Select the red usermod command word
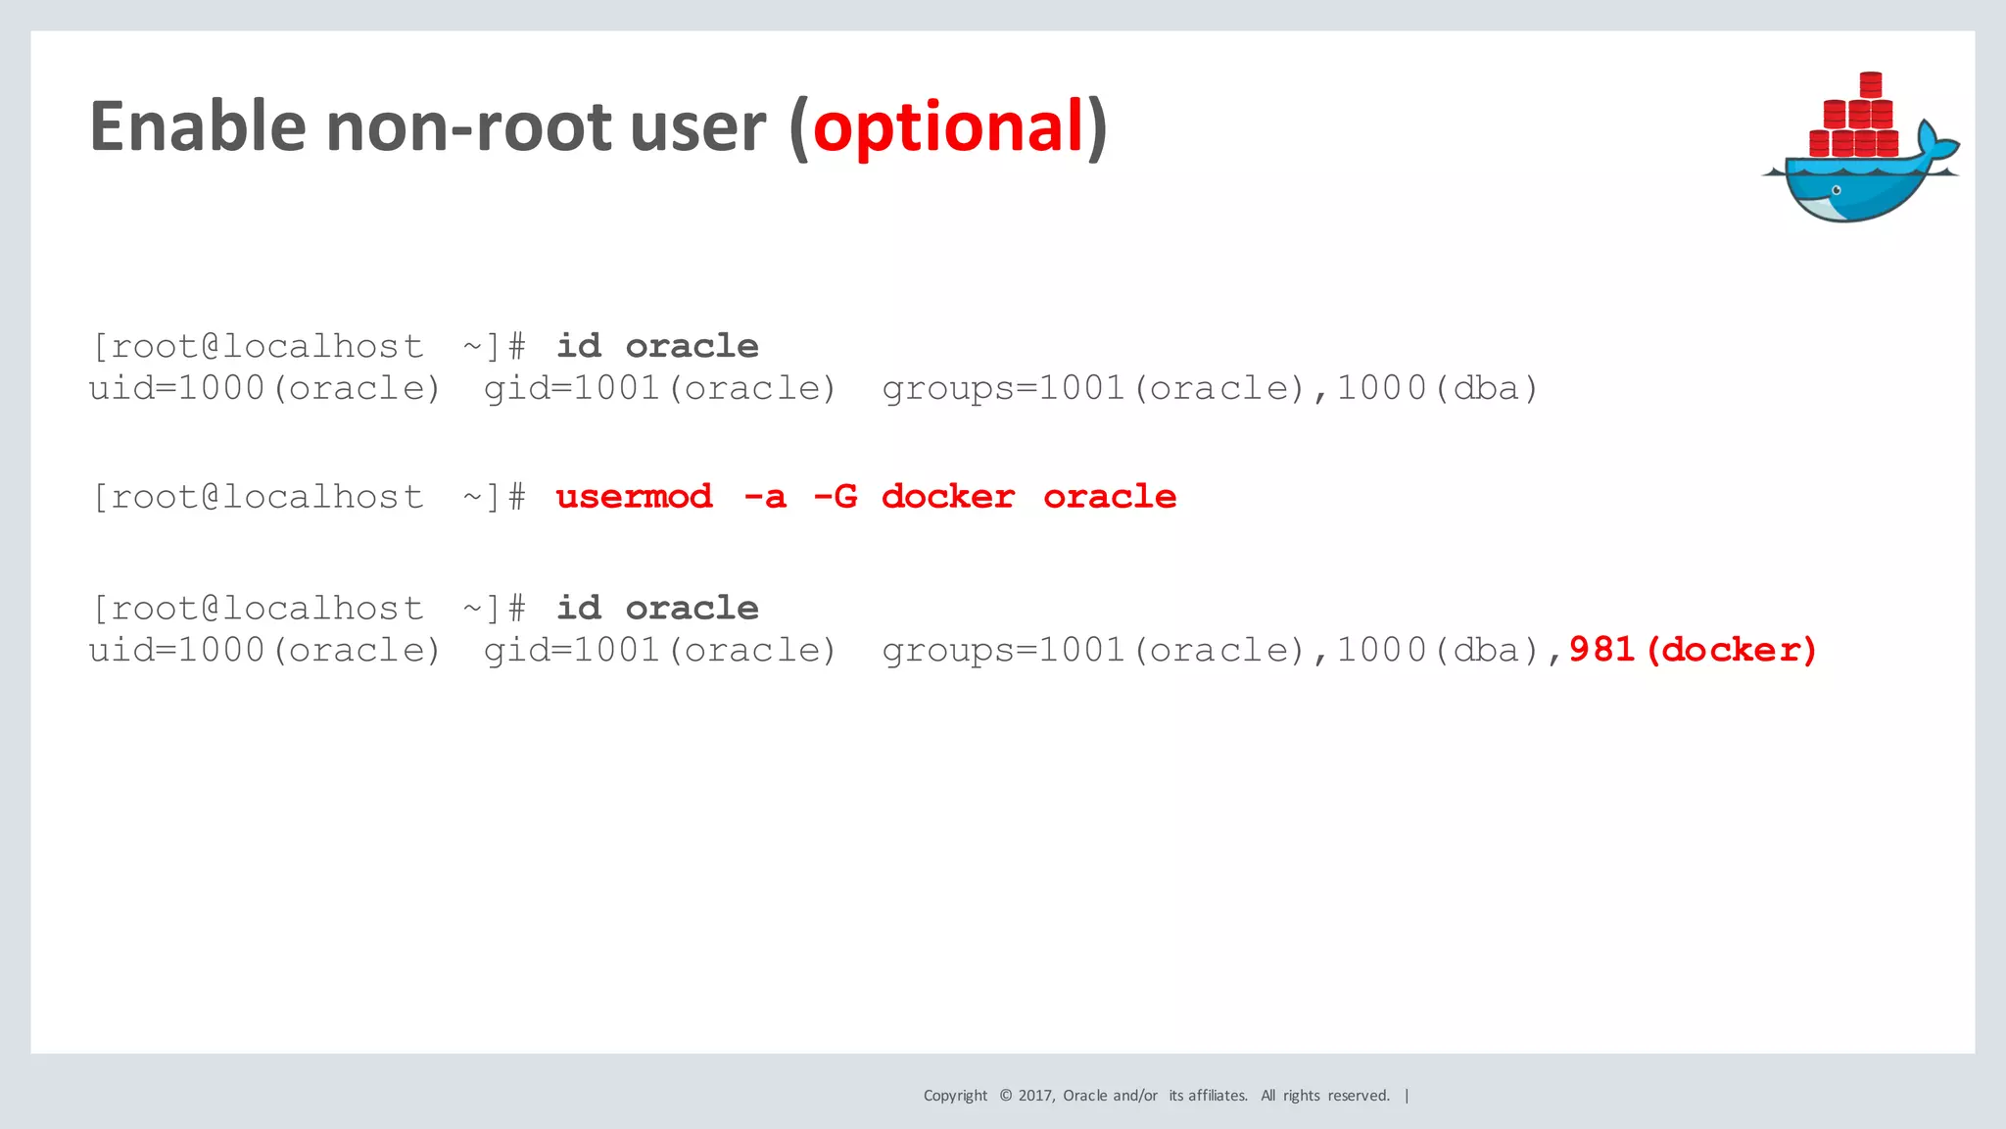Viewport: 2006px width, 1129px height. pos(634,497)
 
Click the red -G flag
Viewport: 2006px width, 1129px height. pos(835,497)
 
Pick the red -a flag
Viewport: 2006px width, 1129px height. pos(765,497)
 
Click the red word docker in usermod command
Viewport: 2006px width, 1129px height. pos(947,497)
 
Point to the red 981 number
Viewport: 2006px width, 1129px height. pos(1602,650)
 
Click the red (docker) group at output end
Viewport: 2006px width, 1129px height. pos(1732,650)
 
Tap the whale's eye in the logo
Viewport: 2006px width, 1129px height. pos(1837,190)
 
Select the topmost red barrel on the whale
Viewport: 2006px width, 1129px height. pos(1871,84)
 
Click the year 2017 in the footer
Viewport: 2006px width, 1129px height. pos(1035,1096)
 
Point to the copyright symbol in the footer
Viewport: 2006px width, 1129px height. pos(1005,1096)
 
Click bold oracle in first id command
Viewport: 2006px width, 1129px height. pos(692,346)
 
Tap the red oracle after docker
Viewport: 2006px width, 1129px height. pos(1110,497)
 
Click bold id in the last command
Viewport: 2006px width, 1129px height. pos(579,609)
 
